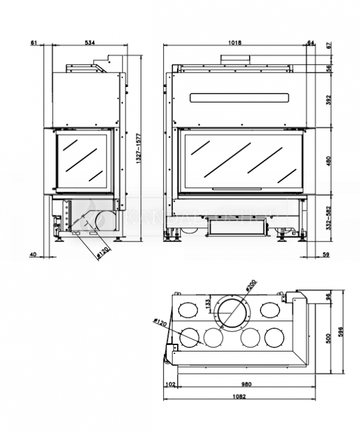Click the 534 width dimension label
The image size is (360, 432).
[x=89, y=43]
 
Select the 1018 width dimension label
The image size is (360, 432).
[x=235, y=43]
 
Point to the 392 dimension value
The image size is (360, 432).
[x=328, y=100]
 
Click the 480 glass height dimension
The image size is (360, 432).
[x=328, y=161]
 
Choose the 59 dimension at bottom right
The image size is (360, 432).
[x=326, y=255]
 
